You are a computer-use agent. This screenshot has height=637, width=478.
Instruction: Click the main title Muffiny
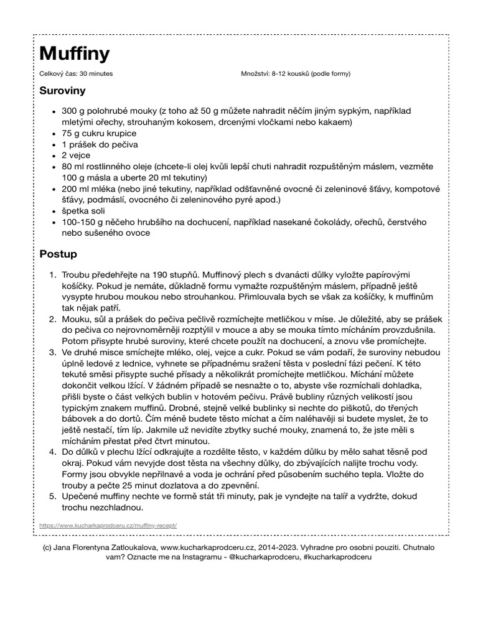click(x=74, y=54)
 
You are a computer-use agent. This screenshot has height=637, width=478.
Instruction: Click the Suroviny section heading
click(x=62, y=90)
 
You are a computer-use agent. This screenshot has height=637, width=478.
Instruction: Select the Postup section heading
click(x=58, y=254)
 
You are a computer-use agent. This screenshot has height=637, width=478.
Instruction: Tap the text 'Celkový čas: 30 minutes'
click(x=75, y=74)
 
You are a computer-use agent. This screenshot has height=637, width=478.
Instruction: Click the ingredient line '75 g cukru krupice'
click(x=98, y=133)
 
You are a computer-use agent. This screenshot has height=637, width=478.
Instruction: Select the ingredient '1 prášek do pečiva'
click(x=100, y=144)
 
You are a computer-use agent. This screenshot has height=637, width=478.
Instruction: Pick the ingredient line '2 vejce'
click(x=76, y=156)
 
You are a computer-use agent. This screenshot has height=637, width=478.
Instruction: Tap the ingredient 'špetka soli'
click(x=85, y=211)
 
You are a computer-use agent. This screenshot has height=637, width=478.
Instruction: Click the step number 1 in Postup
click(x=52, y=274)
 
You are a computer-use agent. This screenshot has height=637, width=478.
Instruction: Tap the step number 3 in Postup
click(x=52, y=352)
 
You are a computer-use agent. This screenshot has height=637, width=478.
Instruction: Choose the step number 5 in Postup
click(x=52, y=496)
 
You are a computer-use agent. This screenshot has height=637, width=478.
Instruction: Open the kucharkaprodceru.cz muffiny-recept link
click(x=108, y=526)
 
